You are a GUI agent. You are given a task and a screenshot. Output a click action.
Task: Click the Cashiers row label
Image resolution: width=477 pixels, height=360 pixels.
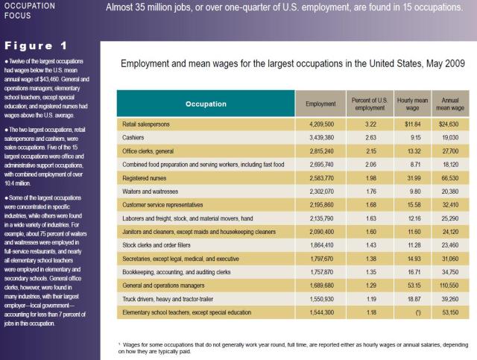[x=133, y=138]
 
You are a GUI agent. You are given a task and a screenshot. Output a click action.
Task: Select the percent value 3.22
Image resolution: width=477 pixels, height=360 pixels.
[x=361, y=124]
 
